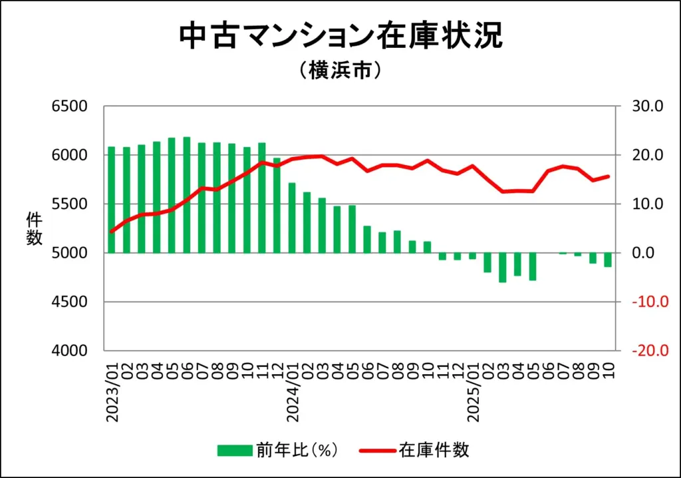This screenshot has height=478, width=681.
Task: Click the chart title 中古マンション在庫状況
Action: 340,37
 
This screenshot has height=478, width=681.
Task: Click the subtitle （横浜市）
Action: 340,70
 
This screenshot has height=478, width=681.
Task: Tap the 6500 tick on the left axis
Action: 70,107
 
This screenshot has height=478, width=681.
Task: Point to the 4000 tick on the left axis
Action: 70,351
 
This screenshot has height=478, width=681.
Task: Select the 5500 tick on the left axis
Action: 70,204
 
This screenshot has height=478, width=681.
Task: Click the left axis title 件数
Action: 34,228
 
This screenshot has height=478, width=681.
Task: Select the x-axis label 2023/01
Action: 112,393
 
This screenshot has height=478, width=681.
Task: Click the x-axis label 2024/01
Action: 293,393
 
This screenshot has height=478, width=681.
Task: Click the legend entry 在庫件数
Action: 434,450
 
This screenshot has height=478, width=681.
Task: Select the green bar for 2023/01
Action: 112,200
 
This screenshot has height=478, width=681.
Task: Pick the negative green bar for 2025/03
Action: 503,268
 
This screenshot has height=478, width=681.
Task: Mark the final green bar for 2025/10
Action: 608,260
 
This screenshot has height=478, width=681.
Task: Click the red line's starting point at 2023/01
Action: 112,232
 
